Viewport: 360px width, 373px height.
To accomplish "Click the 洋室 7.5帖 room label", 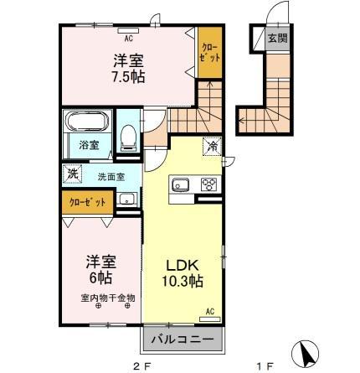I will (x=126, y=67).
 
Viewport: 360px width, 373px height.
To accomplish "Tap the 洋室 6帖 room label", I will (x=99, y=268).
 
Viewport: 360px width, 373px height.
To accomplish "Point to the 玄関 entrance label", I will (x=275, y=38).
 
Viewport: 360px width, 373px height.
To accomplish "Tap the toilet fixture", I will (x=128, y=137).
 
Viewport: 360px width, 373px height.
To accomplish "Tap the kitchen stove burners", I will (x=208, y=185).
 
